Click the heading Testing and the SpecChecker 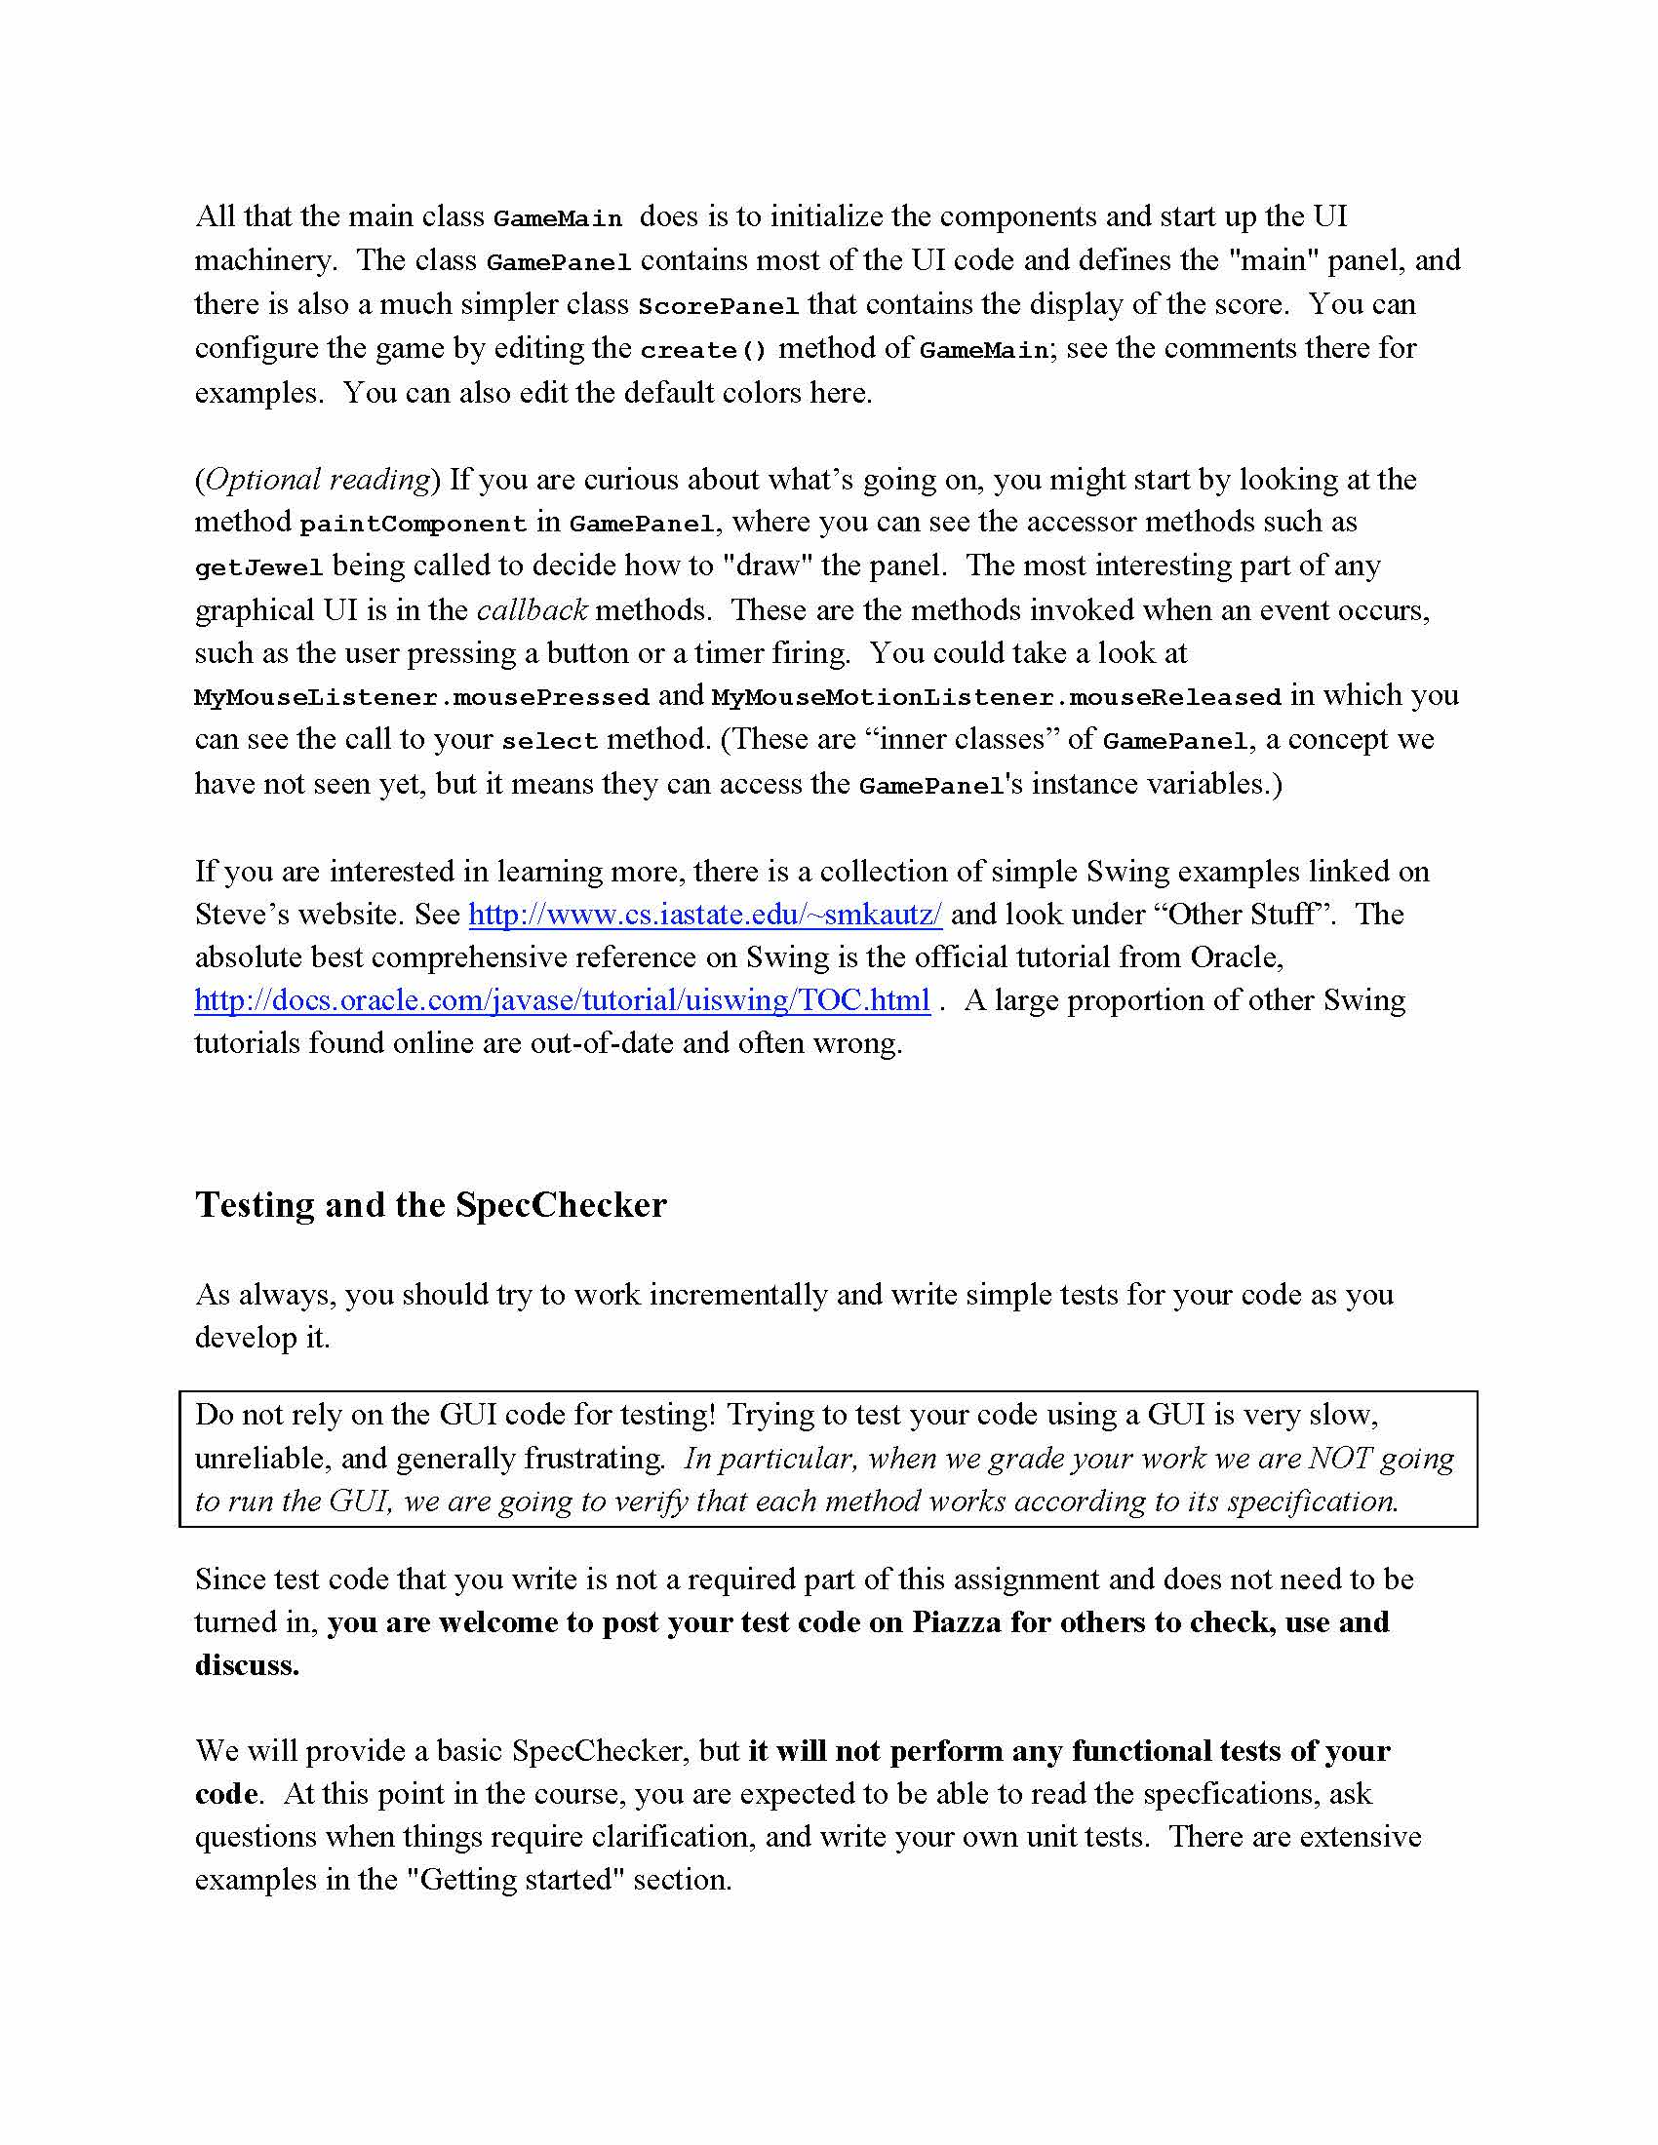pyautogui.click(x=430, y=1205)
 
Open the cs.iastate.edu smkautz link pyautogui.click(x=704, y=915)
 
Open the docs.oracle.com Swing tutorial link pyautogui.click(x=562, y=999)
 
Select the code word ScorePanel pyautogui.click(x=718, y=306)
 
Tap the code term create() pyautogui.click(x=703, y=351)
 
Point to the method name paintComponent pyautogui.click(x=413, y=525)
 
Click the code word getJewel pyautogui.click(x=259, y=567)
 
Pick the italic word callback pyautogui.click(x=532, y=610)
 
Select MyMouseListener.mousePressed pyautogui.click(x=421, y=697)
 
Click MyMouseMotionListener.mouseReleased pyautogui.click(x=996, y=697)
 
